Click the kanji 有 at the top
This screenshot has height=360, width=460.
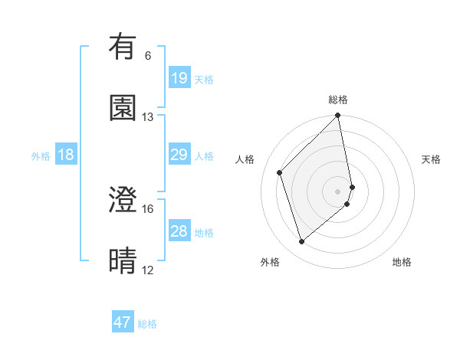123,47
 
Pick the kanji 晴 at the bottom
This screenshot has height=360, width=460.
123,260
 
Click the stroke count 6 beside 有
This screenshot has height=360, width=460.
148,56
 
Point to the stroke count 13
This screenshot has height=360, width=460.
148,117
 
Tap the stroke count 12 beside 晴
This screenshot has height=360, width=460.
148,270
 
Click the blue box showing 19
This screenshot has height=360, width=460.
179,77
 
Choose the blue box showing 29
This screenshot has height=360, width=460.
179,155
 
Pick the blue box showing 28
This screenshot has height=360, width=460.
179,231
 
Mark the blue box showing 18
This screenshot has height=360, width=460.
66,155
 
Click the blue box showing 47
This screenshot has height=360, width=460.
123,322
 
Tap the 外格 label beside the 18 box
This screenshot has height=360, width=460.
41,156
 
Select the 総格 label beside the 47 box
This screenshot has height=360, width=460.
148,324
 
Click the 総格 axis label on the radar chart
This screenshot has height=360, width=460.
337,100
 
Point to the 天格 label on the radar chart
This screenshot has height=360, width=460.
432,159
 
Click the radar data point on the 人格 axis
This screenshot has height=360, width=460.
280,172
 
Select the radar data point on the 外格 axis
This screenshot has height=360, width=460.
301,242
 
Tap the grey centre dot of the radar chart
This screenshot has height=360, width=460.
337,190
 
